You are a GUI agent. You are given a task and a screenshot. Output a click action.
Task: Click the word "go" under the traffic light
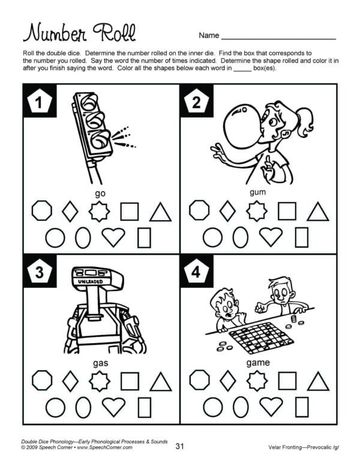click(x=100, y=194)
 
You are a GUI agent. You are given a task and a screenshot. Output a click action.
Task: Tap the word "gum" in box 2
click(x=257, y=193)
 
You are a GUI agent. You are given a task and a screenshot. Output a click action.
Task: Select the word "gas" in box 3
click(x=100, y=363)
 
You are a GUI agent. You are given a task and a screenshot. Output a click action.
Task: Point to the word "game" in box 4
click(x=258, y=363)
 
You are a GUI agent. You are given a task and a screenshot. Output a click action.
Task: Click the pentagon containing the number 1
click(x=39, y=101)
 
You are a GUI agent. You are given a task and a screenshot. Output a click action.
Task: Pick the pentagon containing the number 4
click(x=196, y=271)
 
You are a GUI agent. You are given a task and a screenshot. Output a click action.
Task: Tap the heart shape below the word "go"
click(x=113, y=237)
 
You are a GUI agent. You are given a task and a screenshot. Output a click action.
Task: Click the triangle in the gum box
click(x=317, y=212)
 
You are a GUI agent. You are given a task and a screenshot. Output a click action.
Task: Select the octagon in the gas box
click(x=42, y=380)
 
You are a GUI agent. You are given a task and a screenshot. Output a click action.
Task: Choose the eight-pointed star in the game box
click(x=257, y=381)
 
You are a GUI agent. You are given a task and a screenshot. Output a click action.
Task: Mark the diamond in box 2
click(x=227, y=211)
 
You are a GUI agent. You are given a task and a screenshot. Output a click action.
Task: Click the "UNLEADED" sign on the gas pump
click(x=91, y=281)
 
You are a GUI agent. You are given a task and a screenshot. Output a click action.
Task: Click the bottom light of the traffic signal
click(x=100, y=140)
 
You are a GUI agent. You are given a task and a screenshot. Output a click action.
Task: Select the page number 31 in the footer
click(x=179, y=446)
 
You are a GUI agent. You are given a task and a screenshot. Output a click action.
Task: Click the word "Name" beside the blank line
click(x=209, y=35)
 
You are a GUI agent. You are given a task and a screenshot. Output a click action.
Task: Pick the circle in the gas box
click(x=56, y=407)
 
